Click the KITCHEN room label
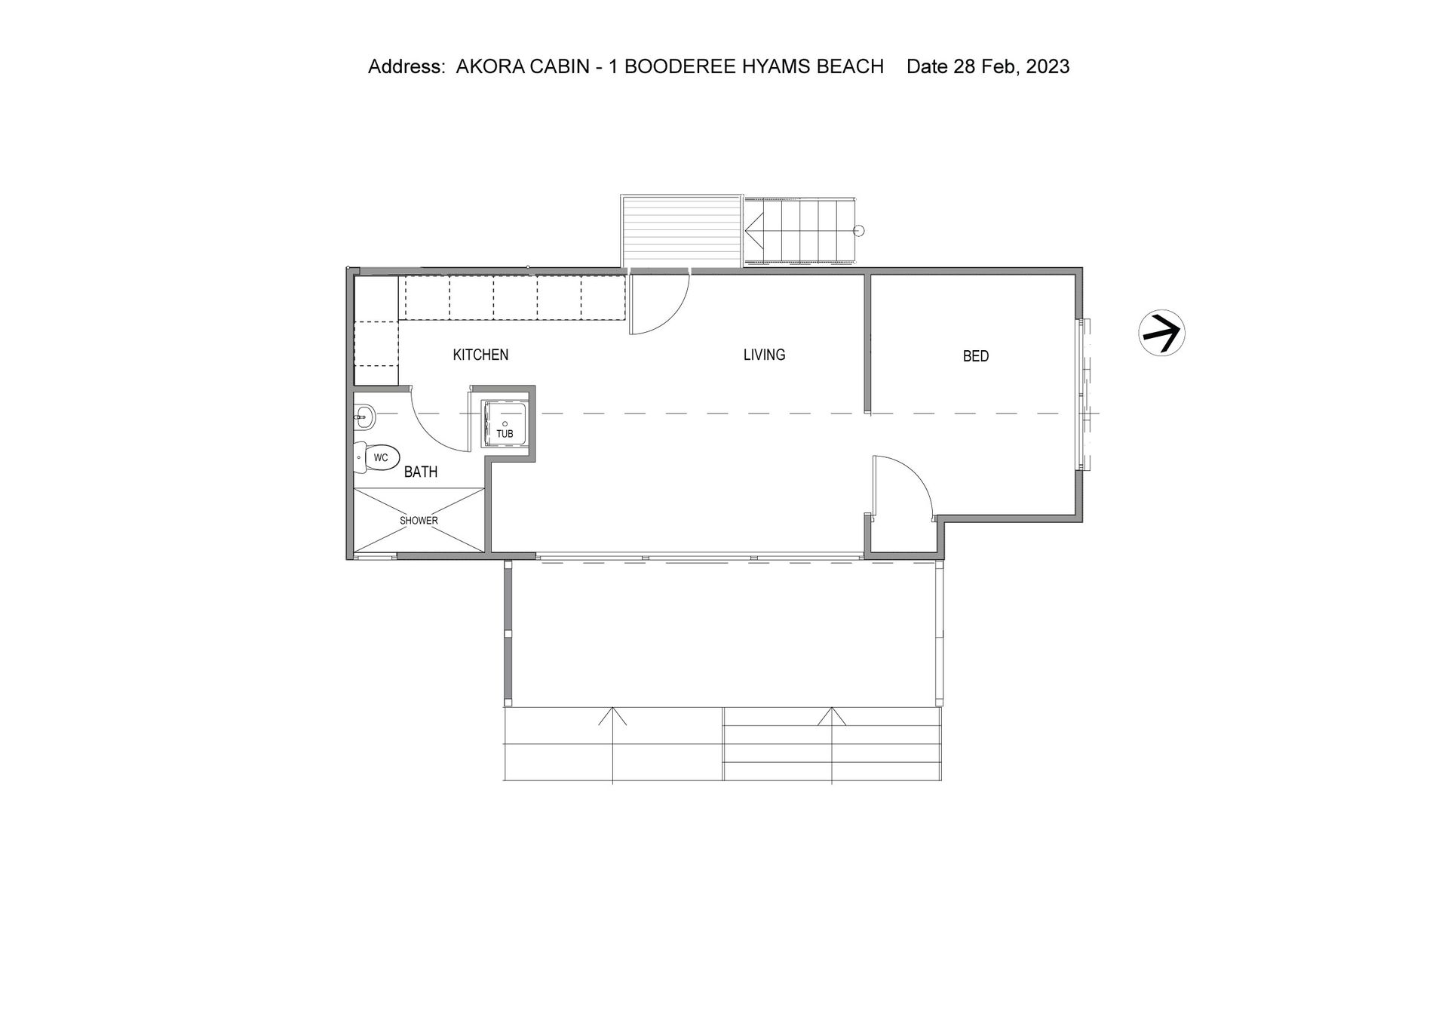pos(480,355)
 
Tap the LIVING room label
pos(764,355)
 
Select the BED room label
pos(975,356)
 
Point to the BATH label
pos(421,472)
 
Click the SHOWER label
pos(419,521)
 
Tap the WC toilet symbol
pos(376,458)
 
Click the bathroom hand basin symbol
pos(364,414)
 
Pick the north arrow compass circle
pos(1161,333)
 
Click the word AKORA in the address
pos(486,66)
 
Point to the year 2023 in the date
pos(1048,66)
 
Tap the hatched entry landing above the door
pos(681,231)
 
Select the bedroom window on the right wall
pos(1084,394)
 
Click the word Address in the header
pos(406,66)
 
